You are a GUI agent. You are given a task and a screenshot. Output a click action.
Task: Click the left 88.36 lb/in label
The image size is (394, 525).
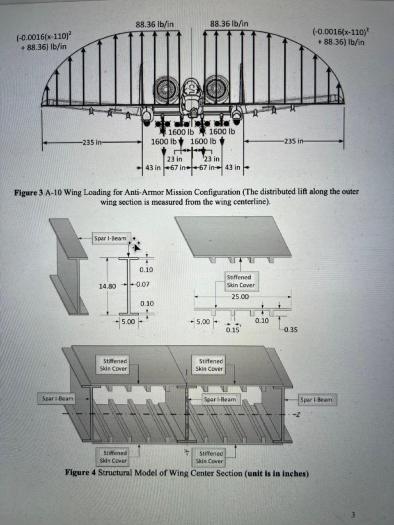[x=154, y=24]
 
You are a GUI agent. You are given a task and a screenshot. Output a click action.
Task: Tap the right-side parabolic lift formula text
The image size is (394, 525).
[x=340, y=37]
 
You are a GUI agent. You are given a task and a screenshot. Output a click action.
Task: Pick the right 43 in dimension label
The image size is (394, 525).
[x=233, y=167]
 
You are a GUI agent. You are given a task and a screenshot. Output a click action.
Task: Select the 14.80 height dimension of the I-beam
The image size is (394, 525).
[x=107, y=286]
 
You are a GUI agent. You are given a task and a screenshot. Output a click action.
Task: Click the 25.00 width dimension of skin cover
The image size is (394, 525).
[x=240, y=297]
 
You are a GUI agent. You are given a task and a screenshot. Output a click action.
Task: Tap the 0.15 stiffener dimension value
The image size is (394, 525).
[x=233, y=330]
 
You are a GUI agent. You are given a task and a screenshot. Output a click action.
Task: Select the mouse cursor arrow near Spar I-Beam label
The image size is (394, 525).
[x=136, y=246]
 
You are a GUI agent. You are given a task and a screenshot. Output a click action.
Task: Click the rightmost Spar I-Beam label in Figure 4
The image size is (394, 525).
[x=317, y=399]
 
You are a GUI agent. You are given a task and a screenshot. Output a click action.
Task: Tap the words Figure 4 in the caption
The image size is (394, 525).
[x=80, y=473]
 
